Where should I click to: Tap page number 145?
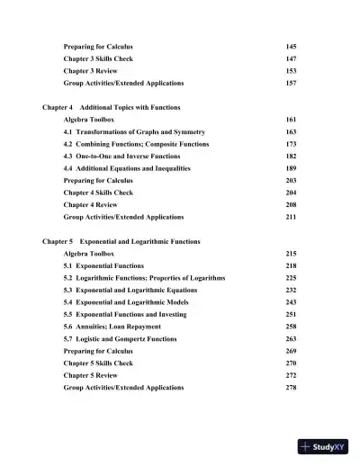click(x=291, y=46)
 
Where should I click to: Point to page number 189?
click(x=291, y=168)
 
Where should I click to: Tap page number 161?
click(x=291, y=120)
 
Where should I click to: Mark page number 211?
click(x=291, y=217)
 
